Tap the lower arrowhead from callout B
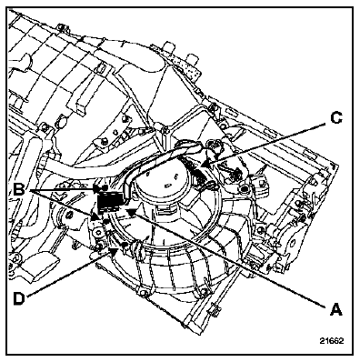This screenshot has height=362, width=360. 103,222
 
